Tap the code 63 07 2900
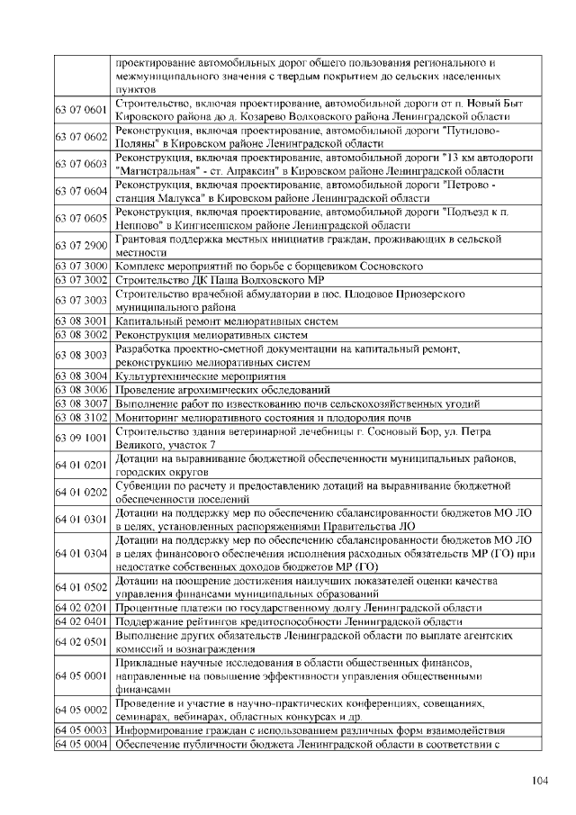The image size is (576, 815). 82,246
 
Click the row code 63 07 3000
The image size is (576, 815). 82,267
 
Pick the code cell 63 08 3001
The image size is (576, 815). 82,321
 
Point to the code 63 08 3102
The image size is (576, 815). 82,418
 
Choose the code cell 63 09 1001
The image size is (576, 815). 82,439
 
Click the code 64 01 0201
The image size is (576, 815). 82,466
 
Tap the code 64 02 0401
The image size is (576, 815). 82,622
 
